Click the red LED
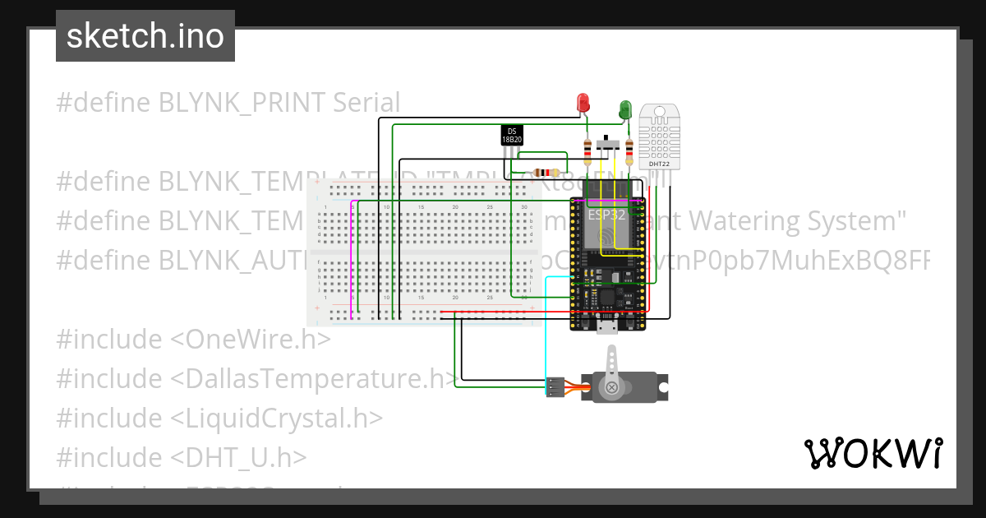point(583,103)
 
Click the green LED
point(624,109)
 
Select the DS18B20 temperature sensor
point(512,136)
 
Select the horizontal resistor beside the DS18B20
point(546,173)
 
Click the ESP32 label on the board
point(606,215)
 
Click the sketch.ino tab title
point(145,36)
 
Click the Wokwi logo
point(873,453)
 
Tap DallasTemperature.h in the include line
point(311,379)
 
